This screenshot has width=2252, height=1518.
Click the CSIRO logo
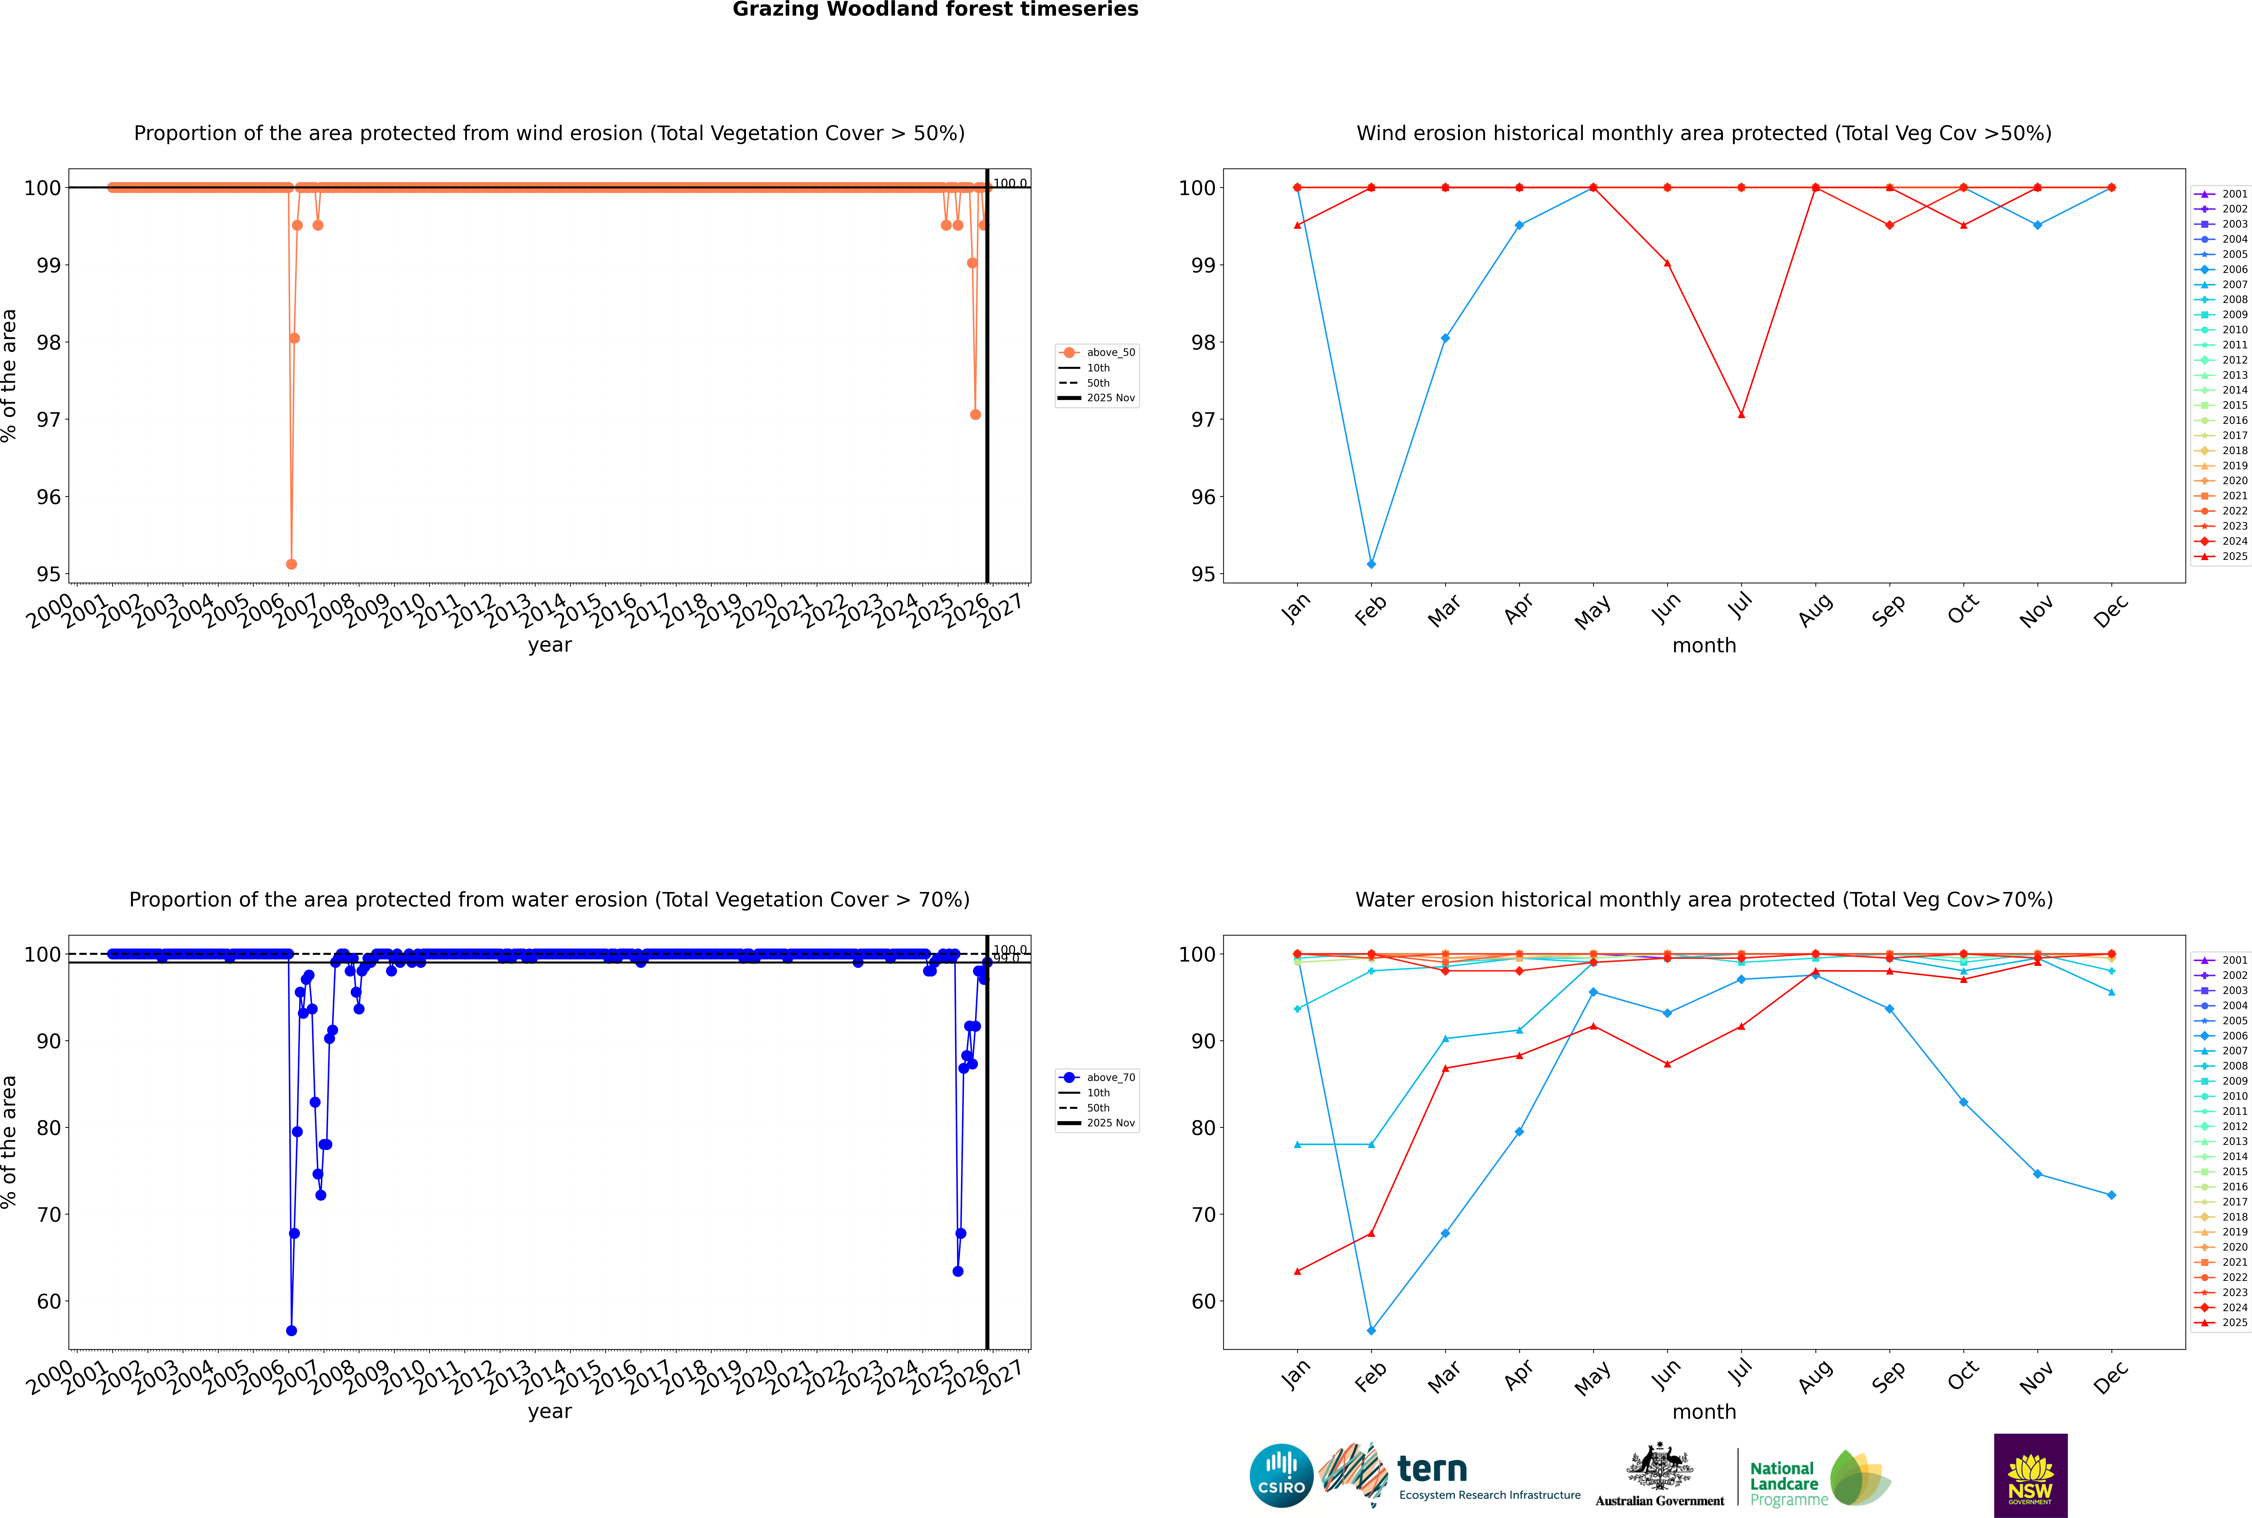[x=1281, y=1475]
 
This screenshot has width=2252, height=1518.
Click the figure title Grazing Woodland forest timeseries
[x=935, y=10]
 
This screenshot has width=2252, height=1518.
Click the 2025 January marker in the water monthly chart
[x=1297, y=1271]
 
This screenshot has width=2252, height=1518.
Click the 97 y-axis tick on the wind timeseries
[x=48, y=419]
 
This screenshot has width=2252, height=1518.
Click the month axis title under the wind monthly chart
[x=1704, y=646]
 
